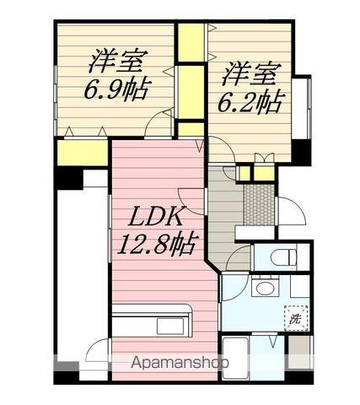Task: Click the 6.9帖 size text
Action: coord(117,89)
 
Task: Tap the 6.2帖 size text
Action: coord(251,101)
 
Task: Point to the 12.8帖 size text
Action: coord(161,245)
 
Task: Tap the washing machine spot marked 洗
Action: coord(295,318)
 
